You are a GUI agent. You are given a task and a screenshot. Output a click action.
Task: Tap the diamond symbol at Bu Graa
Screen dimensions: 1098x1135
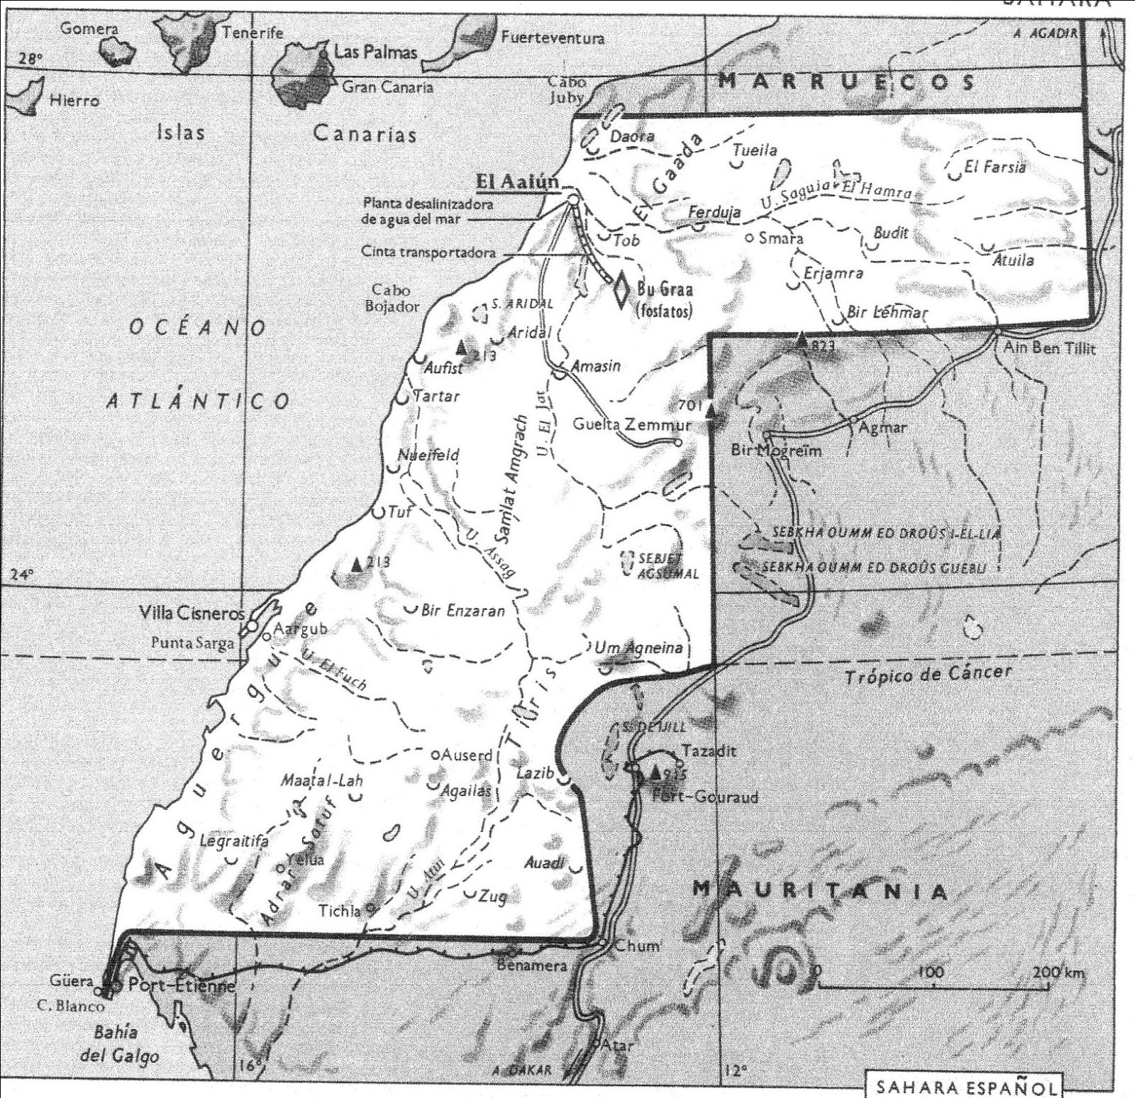(621, 289)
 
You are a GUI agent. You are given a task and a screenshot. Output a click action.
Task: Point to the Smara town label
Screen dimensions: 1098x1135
(780, 238)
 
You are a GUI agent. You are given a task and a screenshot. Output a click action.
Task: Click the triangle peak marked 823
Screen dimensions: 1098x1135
(802, 340)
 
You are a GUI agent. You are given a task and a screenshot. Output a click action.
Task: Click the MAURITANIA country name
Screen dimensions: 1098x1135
(819, 891)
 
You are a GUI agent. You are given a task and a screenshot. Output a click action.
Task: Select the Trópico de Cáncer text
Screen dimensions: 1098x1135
(927, 675)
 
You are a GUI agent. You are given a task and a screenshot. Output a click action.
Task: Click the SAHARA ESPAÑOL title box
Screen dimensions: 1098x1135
(966, 1087)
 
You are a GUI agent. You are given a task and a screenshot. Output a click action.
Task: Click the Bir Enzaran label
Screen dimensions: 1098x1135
(463, 610)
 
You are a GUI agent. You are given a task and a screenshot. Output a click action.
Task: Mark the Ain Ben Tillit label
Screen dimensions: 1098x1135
(1048, 348)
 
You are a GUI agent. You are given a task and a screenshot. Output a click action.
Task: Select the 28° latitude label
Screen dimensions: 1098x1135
(31, 59)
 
